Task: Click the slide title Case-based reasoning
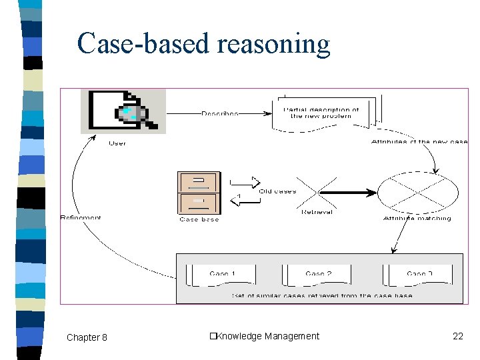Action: point(203,44)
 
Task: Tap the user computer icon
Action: point(123,111)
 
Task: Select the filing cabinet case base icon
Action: point(199,193)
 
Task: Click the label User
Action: point(117,143)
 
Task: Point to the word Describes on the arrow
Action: point(219,114)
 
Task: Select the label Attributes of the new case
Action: point(419,141)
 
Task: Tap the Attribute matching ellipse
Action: point(418,192)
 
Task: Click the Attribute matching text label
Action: point(417,218)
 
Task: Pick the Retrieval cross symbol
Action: point(317,192)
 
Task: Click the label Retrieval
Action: point(317,212)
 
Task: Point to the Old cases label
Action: point(277,191)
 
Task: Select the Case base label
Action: point(199,219)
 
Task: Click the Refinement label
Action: point(81,217)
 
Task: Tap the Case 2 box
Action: point(318,274)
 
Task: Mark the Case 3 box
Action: point(419,274)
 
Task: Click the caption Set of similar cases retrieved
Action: point(321,295)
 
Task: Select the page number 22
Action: point(457,336)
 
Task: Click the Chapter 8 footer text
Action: point(87,337)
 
